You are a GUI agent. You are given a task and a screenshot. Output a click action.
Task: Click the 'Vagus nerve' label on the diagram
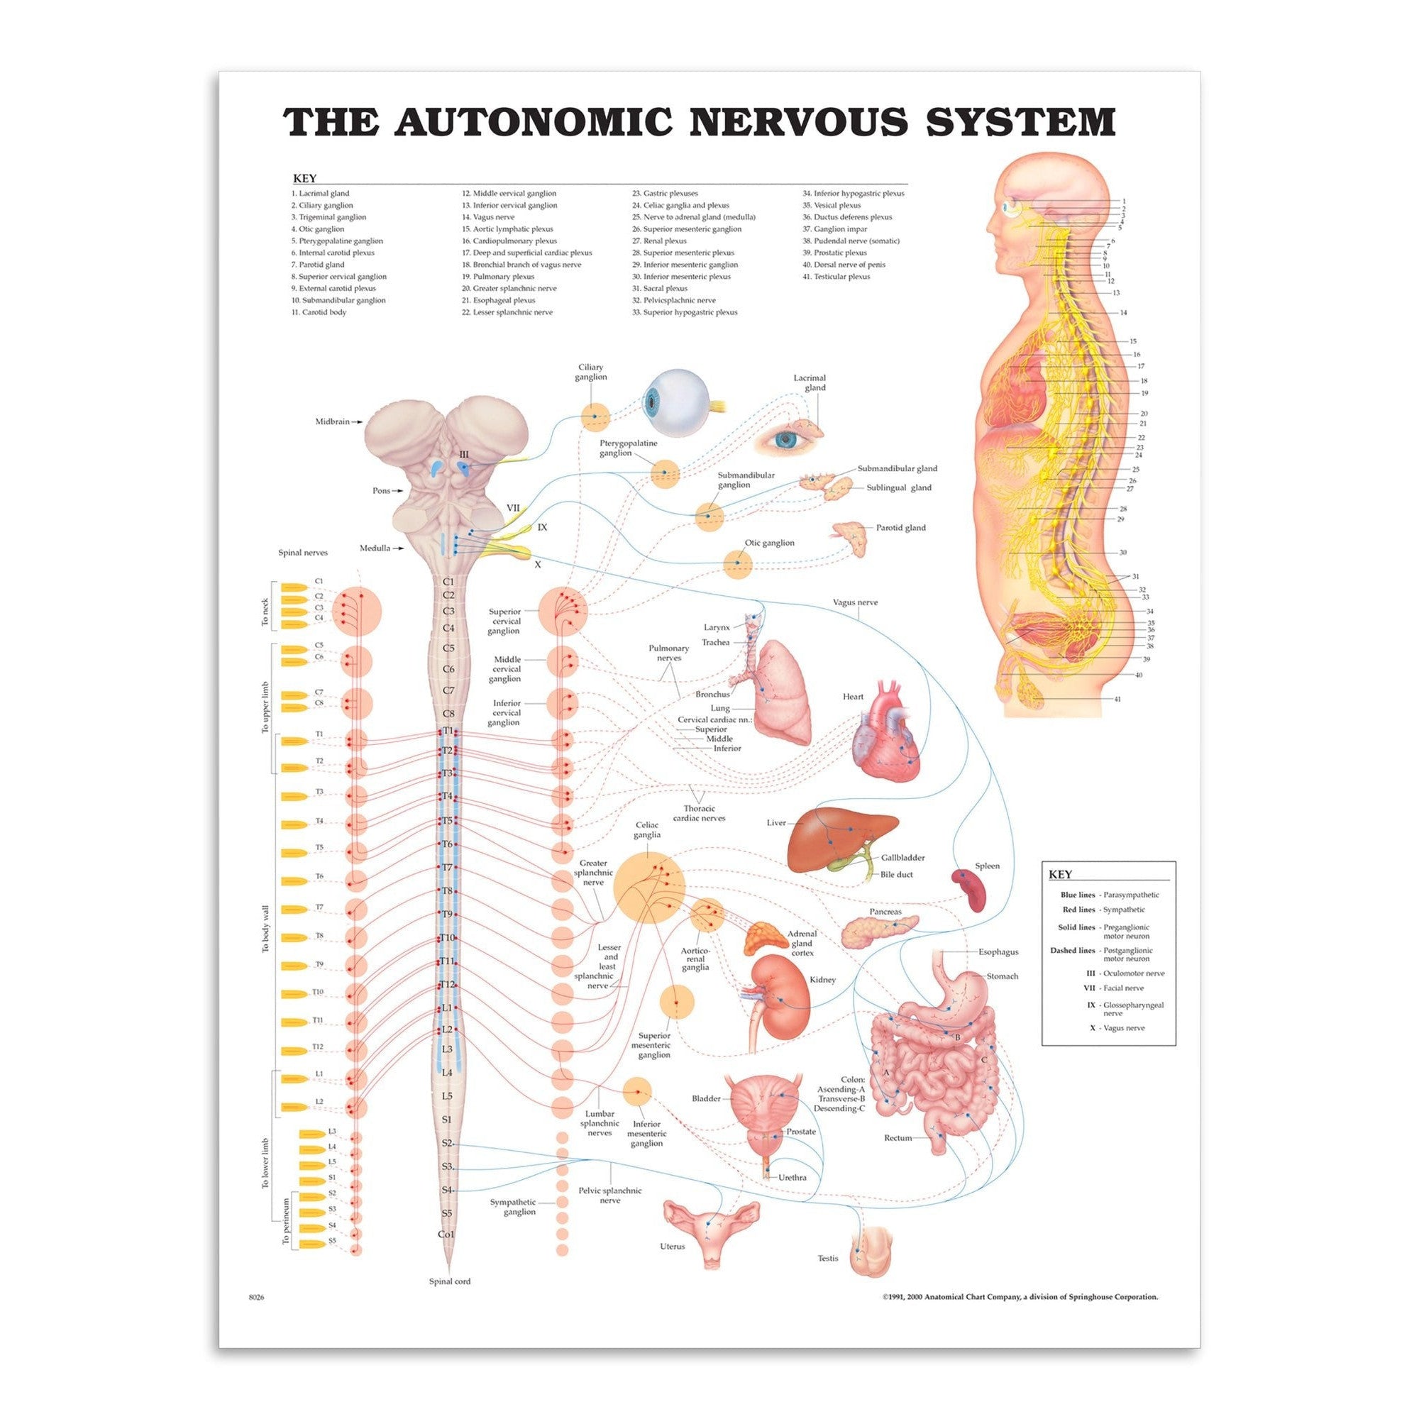tap(855, 602)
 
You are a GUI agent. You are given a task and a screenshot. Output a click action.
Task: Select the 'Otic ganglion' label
tap(770, 543)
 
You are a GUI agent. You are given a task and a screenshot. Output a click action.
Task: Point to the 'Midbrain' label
tap(333, 422)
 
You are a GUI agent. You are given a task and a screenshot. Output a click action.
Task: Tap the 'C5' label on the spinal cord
tap(449, 648)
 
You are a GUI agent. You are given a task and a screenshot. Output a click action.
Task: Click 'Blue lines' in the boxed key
tap(1078, 895)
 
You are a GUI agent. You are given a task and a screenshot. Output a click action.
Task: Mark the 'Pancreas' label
tap(885, 912)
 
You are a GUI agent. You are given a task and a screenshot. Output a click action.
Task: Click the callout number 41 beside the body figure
tap(1117, 700)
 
